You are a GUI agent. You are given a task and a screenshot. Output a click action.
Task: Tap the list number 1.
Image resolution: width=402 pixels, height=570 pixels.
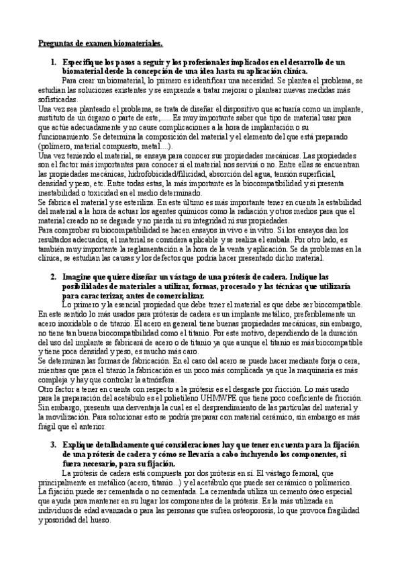[53, 63]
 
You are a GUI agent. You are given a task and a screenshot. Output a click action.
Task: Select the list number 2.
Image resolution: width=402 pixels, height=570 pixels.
[53, 277]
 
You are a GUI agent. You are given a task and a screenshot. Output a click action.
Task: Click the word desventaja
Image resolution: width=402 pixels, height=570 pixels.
[119, 408]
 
